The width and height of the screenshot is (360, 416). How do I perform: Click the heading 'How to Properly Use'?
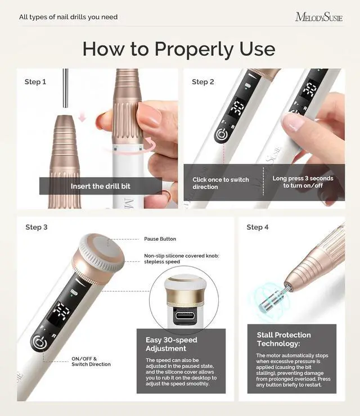point(179,49)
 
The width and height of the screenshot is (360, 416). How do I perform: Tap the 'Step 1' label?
point(35,82)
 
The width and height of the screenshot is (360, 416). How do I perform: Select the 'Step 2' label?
point(203,82)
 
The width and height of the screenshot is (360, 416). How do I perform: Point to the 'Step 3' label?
point(37,227)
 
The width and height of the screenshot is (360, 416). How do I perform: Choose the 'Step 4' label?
point(258,227)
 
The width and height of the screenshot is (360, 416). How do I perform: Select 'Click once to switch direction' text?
point(220,183)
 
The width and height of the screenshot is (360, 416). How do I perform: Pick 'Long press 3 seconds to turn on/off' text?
point(303,182)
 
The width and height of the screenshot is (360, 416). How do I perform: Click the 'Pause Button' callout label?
point(160,239)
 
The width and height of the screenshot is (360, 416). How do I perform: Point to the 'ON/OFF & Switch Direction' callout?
point(91,361)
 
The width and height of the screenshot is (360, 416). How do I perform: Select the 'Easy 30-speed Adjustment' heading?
point(171,345)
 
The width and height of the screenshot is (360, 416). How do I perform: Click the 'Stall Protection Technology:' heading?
point(283,339)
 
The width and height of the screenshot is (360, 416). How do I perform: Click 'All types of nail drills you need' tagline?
point(68,17)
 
